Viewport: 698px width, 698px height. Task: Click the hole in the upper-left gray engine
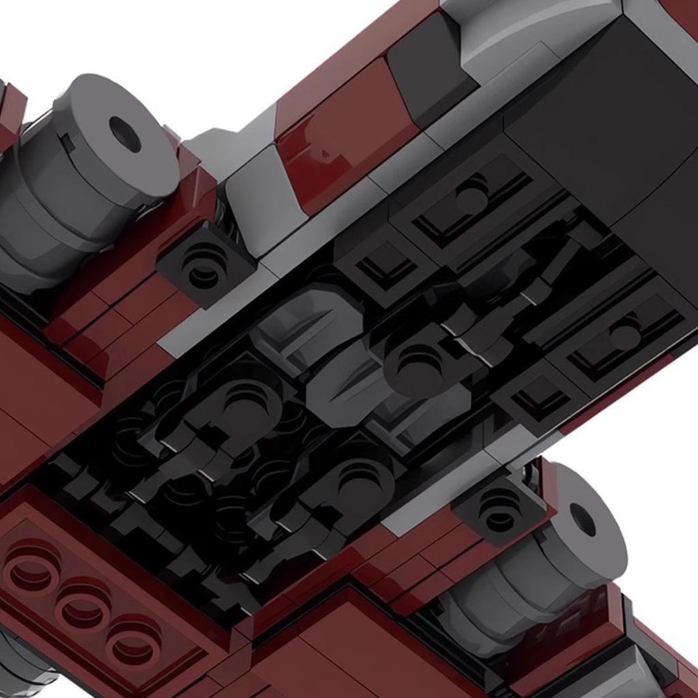tap(125, 134)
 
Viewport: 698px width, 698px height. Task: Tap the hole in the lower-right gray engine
tap(583, 519)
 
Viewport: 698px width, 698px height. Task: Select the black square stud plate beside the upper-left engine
tap(202, 267)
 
